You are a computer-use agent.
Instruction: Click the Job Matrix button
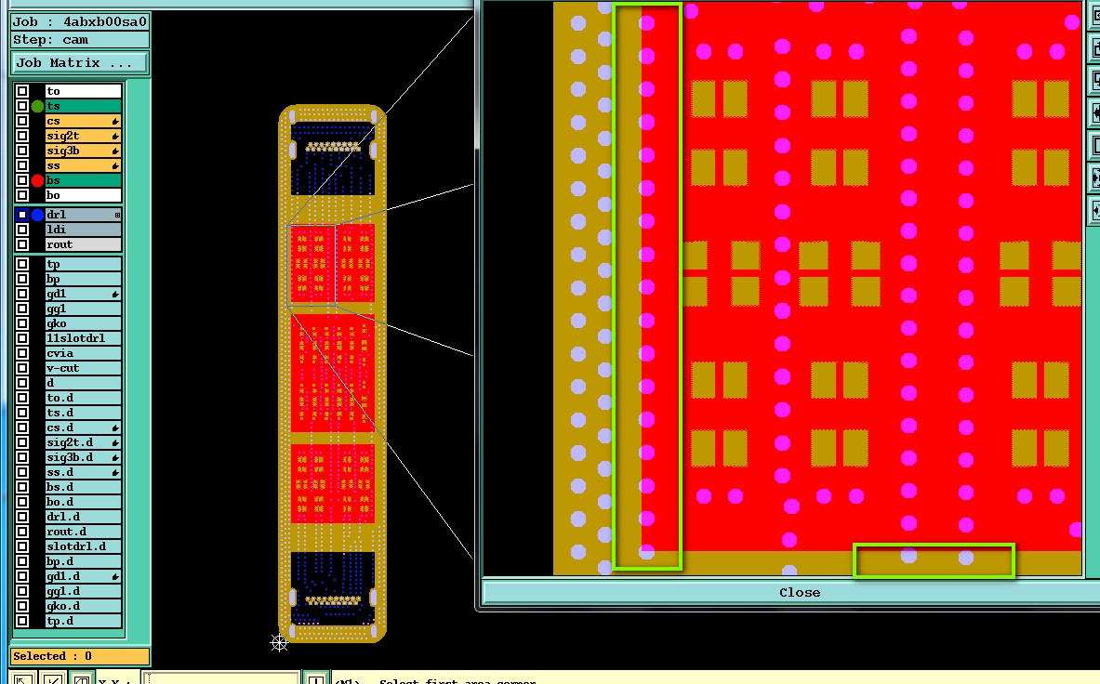[x=79, y=63]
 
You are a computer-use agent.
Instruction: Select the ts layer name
[x=84, y=106]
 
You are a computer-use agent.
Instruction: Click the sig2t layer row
[x=84, y=136]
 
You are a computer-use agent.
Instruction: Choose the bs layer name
[x=84, y=180]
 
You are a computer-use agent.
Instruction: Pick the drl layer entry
[x=84, y=215]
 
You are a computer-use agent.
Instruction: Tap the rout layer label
[x=84, y=244]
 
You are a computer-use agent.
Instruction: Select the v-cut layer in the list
[x=84, y=368]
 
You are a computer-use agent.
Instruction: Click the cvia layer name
[x=84, y=353]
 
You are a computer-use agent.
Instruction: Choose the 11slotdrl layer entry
[x=84, y=338]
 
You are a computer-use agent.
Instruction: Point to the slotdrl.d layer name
[x=84, y=546]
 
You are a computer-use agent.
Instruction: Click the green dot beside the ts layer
[x=37, y=106]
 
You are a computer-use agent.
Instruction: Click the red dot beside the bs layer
[x=37, y=180]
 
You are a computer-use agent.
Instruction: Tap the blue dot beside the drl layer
[x=37, y=215]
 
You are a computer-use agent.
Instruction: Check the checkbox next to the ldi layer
[x=22, y=230]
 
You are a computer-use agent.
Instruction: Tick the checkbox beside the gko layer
[x=22, y=323]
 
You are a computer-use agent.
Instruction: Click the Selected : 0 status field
[x=79, y=656]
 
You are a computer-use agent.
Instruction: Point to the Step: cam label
[x=79, y=40]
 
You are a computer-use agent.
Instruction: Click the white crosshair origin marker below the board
[x=279, y=642]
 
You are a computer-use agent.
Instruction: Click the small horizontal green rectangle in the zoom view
[x=934, y=560]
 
